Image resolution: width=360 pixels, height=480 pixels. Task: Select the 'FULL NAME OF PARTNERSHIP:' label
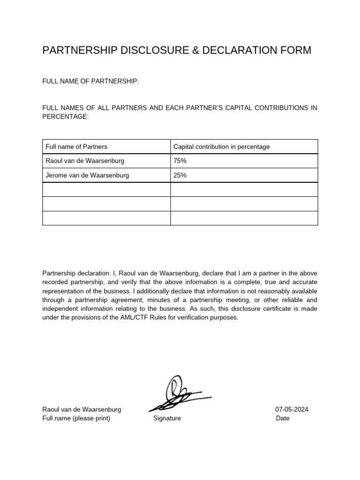pos(90,82)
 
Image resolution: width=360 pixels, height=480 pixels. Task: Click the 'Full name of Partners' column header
pos(76,147)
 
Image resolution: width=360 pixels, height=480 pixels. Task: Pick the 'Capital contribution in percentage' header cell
pos(221,147)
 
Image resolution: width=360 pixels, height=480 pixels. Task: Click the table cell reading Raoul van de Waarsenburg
pos(85,161)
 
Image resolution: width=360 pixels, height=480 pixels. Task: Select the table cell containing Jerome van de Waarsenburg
pos(87,175)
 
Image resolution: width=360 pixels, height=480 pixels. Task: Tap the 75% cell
pos(180,161)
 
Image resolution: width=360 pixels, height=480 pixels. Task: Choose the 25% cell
pos(180,175)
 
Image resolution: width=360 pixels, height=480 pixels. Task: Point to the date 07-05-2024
pos(292,409)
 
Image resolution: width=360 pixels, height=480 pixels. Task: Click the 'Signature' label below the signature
pos(167,418)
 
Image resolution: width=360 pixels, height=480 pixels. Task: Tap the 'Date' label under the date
pos(283,418)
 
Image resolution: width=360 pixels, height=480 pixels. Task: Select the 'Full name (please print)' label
pos(76,418)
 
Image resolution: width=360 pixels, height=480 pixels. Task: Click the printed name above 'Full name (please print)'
pos(82,409)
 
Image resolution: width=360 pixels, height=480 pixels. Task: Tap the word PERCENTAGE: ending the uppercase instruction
pos(65,117)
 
